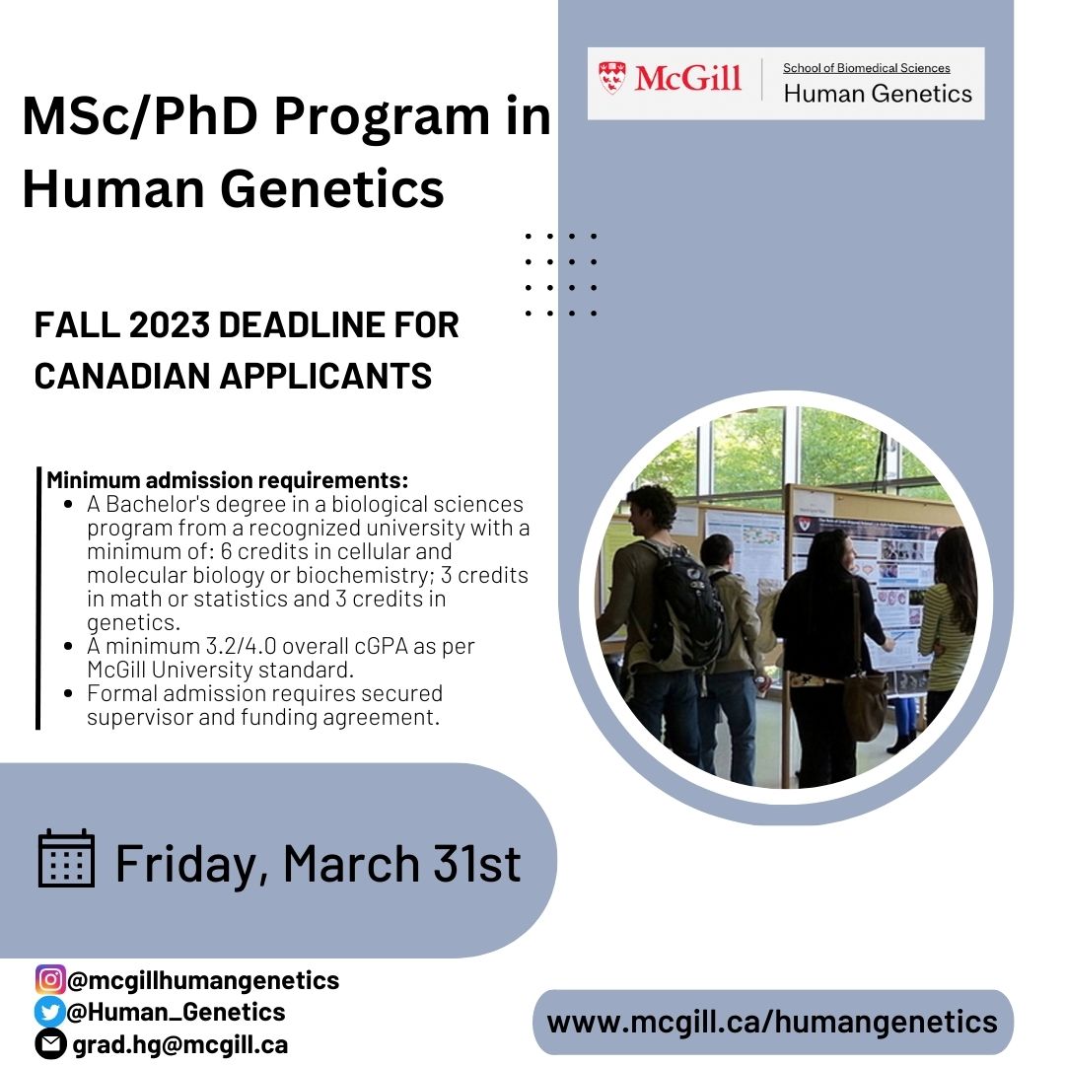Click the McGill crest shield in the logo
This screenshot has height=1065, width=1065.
[611, 77]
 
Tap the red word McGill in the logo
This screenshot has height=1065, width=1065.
[687, 77]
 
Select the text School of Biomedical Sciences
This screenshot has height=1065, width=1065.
[866, 68]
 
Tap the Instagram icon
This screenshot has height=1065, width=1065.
[50, 979]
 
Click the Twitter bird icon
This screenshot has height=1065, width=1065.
[50, 1011]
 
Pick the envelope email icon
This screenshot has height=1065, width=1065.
[50, 1043]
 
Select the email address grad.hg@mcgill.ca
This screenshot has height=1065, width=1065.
[180, 1043]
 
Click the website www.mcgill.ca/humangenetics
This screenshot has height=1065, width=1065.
[772, 1022]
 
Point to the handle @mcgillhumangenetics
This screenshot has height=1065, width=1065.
[204, 980]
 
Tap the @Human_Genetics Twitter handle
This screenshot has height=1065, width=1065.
[177, 1012]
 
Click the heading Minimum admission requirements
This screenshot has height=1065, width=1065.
[228, 481]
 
